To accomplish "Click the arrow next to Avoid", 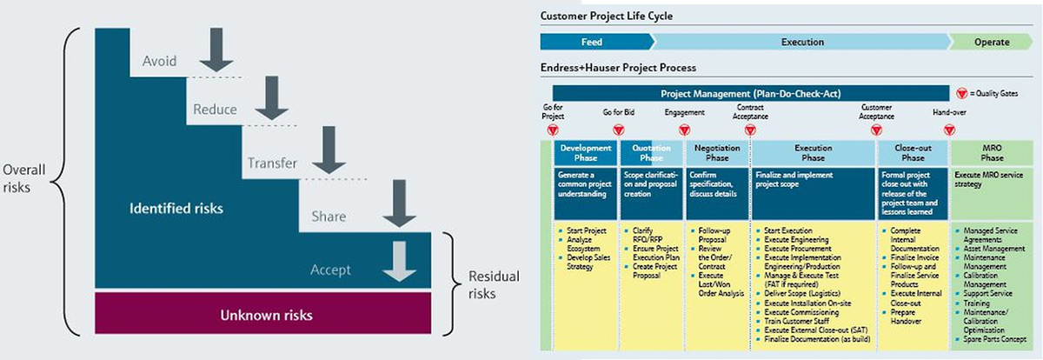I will click(216, 51).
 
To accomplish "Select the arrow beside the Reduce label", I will click(271, 102).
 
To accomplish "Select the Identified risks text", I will click(176, 209).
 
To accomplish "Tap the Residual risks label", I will click(493, 285).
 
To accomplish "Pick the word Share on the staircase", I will click(328, 217).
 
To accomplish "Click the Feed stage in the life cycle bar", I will click(592, 42).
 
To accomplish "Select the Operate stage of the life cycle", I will click(992, 42).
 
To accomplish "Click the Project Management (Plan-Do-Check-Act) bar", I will click(749, 93).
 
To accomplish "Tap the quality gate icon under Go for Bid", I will click(618, 130).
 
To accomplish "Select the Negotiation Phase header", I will click(716, 153).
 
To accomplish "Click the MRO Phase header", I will click(993, 153).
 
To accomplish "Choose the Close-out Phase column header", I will click(913, 153).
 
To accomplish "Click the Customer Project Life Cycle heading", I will click(606, 16).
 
